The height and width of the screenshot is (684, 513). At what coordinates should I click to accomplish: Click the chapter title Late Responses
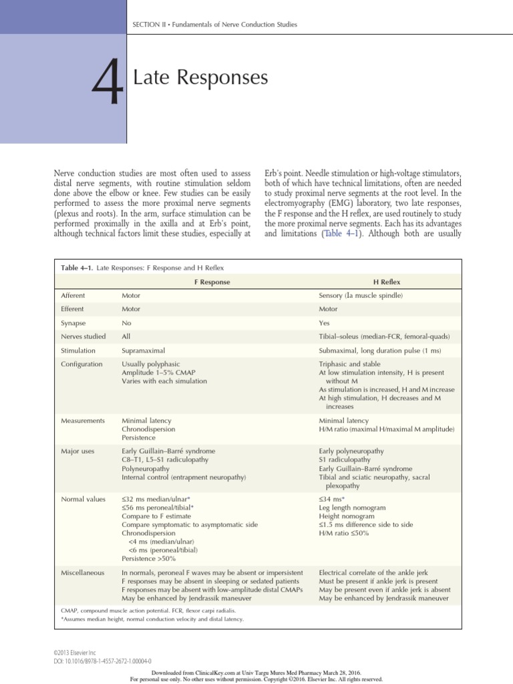coord(200,78)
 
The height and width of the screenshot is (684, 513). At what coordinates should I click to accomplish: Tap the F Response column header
coord(212,282)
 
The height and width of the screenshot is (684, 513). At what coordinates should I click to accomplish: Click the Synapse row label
coord(74,323)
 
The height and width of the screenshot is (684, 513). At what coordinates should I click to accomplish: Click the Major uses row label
coord(77,451)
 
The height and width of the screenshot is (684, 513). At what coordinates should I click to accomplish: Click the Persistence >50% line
coord(148,558)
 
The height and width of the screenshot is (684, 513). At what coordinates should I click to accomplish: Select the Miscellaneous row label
coord(81,573)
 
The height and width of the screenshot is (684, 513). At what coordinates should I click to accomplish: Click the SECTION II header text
coord(214,25)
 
